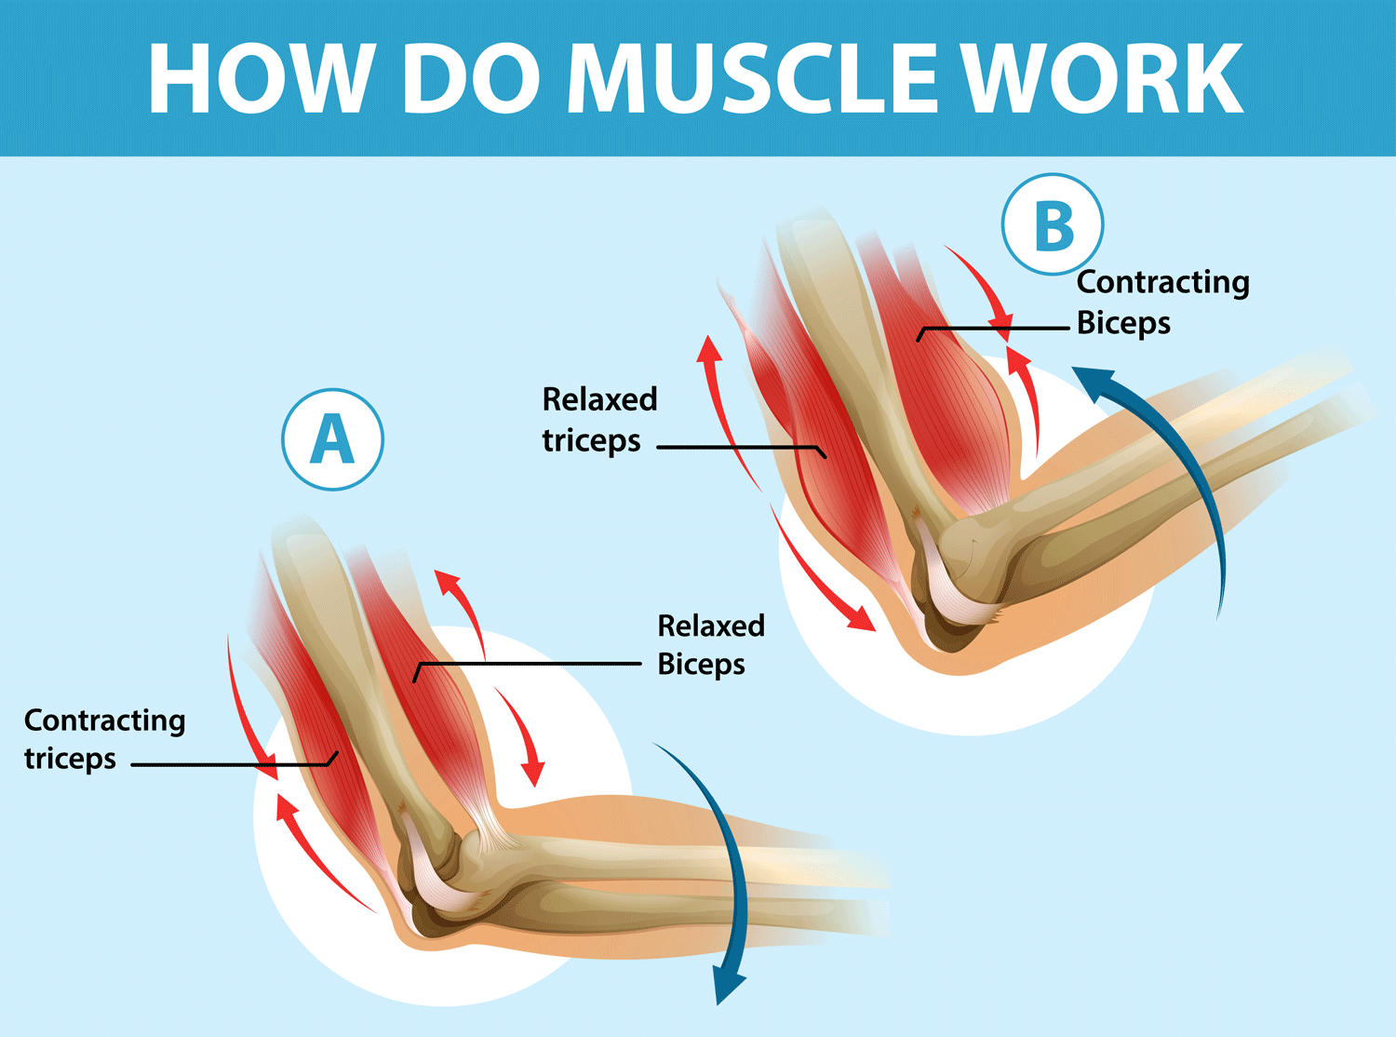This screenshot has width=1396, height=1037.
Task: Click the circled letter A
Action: tap(332, 439)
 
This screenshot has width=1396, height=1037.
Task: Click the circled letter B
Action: tap(1053, 224)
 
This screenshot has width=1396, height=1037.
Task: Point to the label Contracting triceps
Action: tap(104, 739)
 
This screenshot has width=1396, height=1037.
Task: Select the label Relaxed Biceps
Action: tap(710, 644)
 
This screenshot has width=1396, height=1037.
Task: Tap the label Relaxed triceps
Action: tap(599, 420)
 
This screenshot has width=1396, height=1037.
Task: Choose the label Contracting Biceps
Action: tap(1162, 302)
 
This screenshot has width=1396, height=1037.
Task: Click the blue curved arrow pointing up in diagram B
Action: tap(1182, 465)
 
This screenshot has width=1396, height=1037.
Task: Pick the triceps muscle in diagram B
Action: tap(819, 447)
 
